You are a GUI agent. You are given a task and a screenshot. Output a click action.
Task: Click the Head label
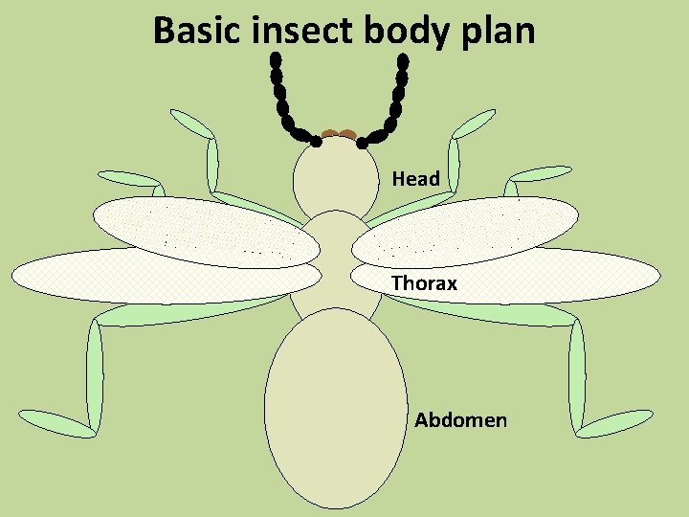click(415, 179)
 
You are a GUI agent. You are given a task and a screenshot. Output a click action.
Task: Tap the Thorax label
click(424, 283)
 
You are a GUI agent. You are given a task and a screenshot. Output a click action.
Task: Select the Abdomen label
click(460, 420)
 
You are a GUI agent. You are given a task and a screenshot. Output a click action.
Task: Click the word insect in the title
click(305, 32)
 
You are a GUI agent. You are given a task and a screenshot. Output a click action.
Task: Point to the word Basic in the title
click(199, 32)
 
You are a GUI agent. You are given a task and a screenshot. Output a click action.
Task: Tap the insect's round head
click(335, 178)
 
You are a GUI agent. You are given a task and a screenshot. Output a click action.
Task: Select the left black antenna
click(284, 101)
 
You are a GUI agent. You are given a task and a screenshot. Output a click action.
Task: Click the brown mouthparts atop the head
click(339, 135)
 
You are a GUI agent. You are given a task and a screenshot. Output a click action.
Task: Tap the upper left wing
click(206, 230)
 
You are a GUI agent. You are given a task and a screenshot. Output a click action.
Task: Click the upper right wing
click(465, 230)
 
